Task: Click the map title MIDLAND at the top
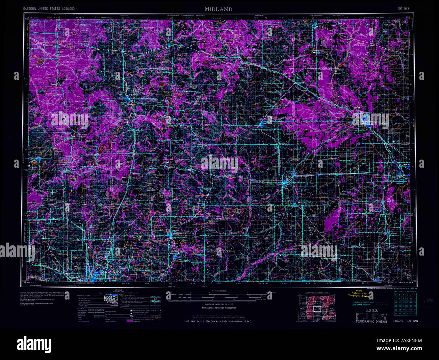pyautogui.click(x=218, y=9)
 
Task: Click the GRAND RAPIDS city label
pyautogui.click(x=111, y=272)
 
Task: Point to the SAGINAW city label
pyautogui.click(x=404, y=164)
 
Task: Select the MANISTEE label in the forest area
pyautogui.click(x=70, y=62)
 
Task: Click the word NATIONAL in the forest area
pyautogui.click(x=81, y=101)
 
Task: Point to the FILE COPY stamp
pyautogui.click(x=371, y=316)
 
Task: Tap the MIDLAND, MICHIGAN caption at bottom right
pyautogui.click(x=405, y=321)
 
